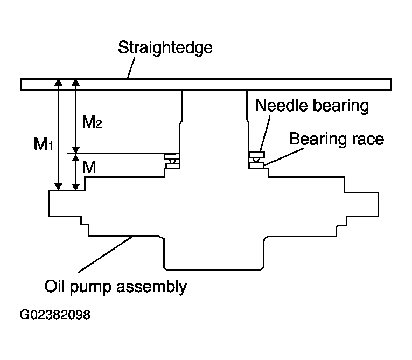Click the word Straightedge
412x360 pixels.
[x=165, y=48]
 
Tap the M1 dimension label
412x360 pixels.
[x=44, y=144]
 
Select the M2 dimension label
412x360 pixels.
[x=92, y=121]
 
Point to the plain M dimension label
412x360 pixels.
[x=89, y=167]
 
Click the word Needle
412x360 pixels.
[x=281, y=106]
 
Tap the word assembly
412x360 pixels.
[x=152, y=287]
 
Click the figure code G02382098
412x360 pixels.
[x=55, y=315]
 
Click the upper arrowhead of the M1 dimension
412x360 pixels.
[x=58, y=82]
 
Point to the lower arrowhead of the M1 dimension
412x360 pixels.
[x=58, y=186]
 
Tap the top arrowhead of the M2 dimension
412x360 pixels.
[x=76, y=82]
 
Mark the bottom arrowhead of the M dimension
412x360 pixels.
[x=76, y=186]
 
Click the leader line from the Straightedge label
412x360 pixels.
[x=131, y=68]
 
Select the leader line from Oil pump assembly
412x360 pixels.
[x=105, y=254]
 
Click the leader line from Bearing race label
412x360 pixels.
[x=284, y=157]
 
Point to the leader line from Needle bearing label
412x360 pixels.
[x=265, y=133]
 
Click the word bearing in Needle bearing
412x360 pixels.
[x=341, y=107]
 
